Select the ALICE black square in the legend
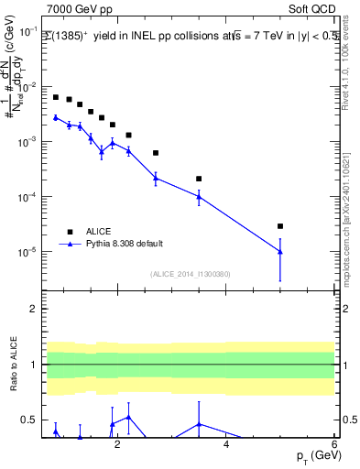coord(70,231)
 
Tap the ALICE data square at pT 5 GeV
coord(280,226)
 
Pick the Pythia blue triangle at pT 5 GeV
coord(280,252)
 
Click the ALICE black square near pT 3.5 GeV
coord(199,179)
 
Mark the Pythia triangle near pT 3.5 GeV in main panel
coord(199,196)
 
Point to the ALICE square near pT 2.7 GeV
coord(156,153)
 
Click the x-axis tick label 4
coord(226,446)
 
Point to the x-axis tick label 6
coord(334,446)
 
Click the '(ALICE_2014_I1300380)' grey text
coord(190,273)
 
